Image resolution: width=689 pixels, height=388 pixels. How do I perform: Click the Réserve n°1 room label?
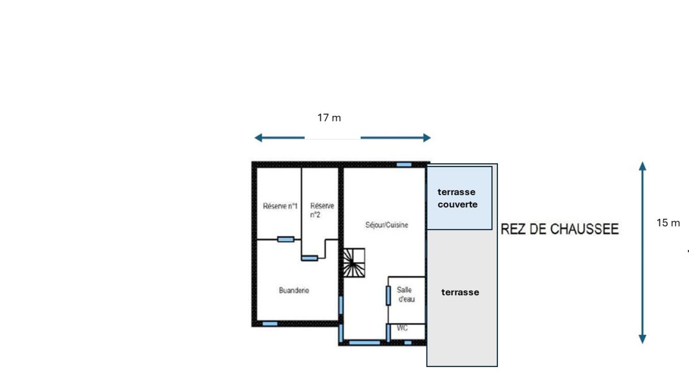[x=280, y=206]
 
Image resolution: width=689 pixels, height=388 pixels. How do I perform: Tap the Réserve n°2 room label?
[x=322, y=210]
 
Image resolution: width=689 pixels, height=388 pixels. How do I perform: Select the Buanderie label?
[x=294, y=291]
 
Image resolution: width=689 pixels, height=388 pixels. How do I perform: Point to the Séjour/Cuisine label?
[x=386, y=225]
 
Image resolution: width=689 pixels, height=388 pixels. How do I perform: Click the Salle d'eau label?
[x=406, y=294]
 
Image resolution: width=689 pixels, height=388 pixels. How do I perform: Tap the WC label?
[x=402, y=328]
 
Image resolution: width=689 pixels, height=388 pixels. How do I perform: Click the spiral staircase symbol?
[x=354, y=263]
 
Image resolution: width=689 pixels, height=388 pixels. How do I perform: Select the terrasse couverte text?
[x=457, y=198]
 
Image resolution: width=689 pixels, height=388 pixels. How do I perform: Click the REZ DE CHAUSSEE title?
[x=559, y=229]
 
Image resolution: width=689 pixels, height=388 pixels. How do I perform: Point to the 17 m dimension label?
[x=329, y=118]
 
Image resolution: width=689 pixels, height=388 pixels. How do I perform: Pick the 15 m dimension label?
[x=668, y=223]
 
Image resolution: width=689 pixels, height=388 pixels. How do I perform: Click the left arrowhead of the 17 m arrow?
[x=258, y=137]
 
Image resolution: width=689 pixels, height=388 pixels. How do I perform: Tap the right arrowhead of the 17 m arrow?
[x=427, y=137]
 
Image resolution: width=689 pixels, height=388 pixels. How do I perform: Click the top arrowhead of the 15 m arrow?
[x=643, y=166]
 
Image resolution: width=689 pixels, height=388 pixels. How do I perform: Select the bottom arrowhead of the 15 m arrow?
[x=643, y=339]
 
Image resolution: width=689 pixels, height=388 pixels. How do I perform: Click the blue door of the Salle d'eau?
[x=388, y=295]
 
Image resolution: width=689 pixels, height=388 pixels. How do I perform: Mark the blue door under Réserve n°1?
[x=285, y=239]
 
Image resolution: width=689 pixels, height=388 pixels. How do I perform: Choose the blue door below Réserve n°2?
[x=309, y=258]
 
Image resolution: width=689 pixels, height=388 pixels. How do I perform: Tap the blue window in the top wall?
[x=404, y=164]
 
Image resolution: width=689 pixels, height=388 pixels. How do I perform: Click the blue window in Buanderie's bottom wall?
[x=270, y=324]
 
